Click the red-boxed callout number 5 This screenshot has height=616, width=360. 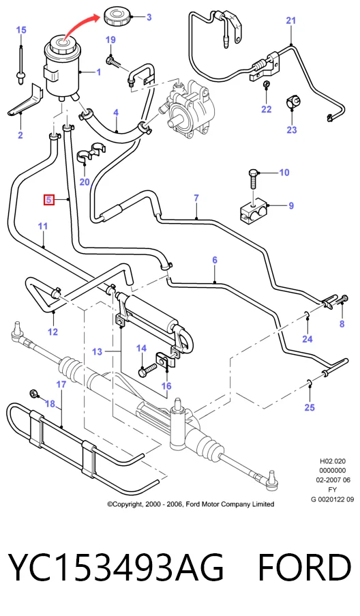click(x=48, y=200)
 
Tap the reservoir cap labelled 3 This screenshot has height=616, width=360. click(x=116, y=17)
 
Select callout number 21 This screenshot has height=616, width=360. click(x=290, y=20)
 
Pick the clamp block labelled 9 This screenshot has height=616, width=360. click(x=254, y=211)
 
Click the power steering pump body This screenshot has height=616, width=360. click(x=190, y=106)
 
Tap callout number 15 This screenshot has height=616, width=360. click(x=21, y=30)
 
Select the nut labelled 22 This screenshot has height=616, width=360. click(x=266, y=85)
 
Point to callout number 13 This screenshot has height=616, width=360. click(x=97, y=351)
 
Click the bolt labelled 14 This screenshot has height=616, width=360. click(x=146, y=370)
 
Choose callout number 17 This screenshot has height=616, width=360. click(x=61, y=384)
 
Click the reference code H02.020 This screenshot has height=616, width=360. click(x=333, y=461)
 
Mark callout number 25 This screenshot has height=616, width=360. click(x=310, y=407)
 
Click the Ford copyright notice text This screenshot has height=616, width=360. click(x=191, y=504)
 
